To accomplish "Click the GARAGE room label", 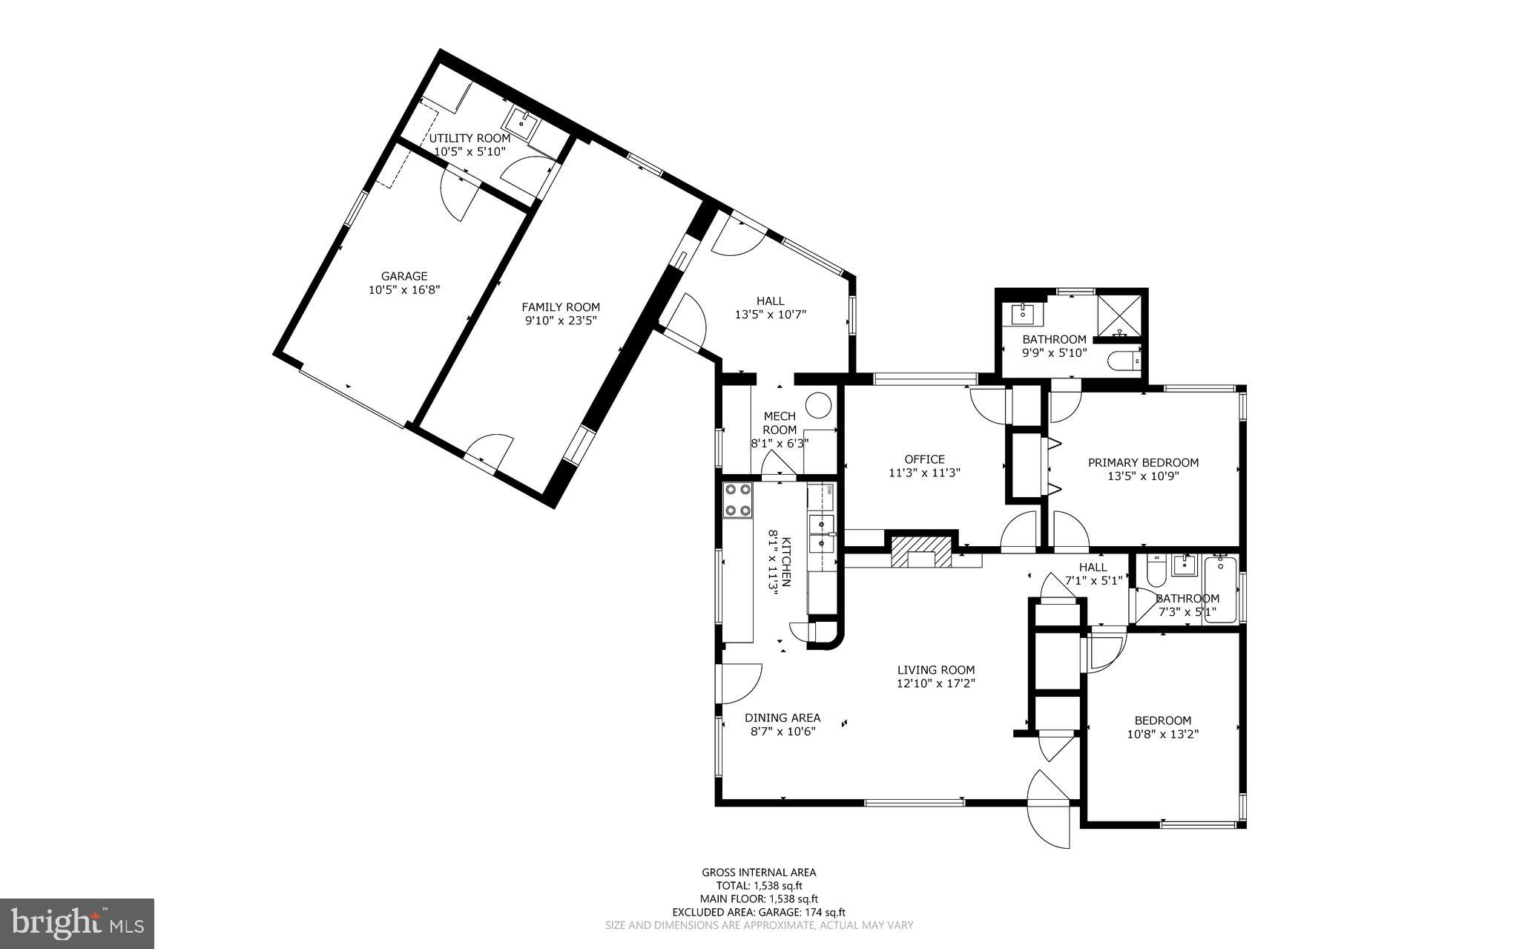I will coord(404,276).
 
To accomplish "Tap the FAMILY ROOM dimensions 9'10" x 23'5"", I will coord(560,321).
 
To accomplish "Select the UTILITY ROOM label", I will coord(469,138).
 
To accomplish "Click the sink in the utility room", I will coord(523,123).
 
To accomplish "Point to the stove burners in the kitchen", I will coord(738,500).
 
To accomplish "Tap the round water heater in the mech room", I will coord(820,405).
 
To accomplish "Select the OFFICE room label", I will coord(924,459).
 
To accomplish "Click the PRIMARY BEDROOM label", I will coord(1143,462).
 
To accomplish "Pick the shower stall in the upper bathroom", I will coord(1119,315).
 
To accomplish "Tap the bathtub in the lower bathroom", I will coord(1220,591).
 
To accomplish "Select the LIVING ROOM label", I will coord(935,670).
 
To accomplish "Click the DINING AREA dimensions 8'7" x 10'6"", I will coord(782,732).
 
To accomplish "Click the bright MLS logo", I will coord(77,923).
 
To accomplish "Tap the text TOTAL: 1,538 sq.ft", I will coord(759,885).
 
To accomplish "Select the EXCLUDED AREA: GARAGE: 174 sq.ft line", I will coord(759,912).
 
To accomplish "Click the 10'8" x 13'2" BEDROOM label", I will coord(1162,720).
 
